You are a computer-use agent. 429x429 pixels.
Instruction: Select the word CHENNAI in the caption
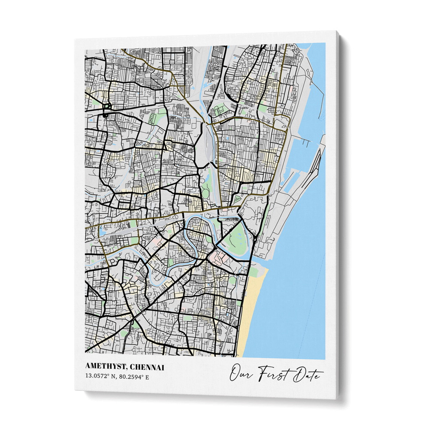tap(146, 367)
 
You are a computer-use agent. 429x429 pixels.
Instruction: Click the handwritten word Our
tap(241, 374)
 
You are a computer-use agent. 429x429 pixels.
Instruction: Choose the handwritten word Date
tap(305, 375)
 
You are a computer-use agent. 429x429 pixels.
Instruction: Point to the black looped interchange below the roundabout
tap(106, 110)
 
